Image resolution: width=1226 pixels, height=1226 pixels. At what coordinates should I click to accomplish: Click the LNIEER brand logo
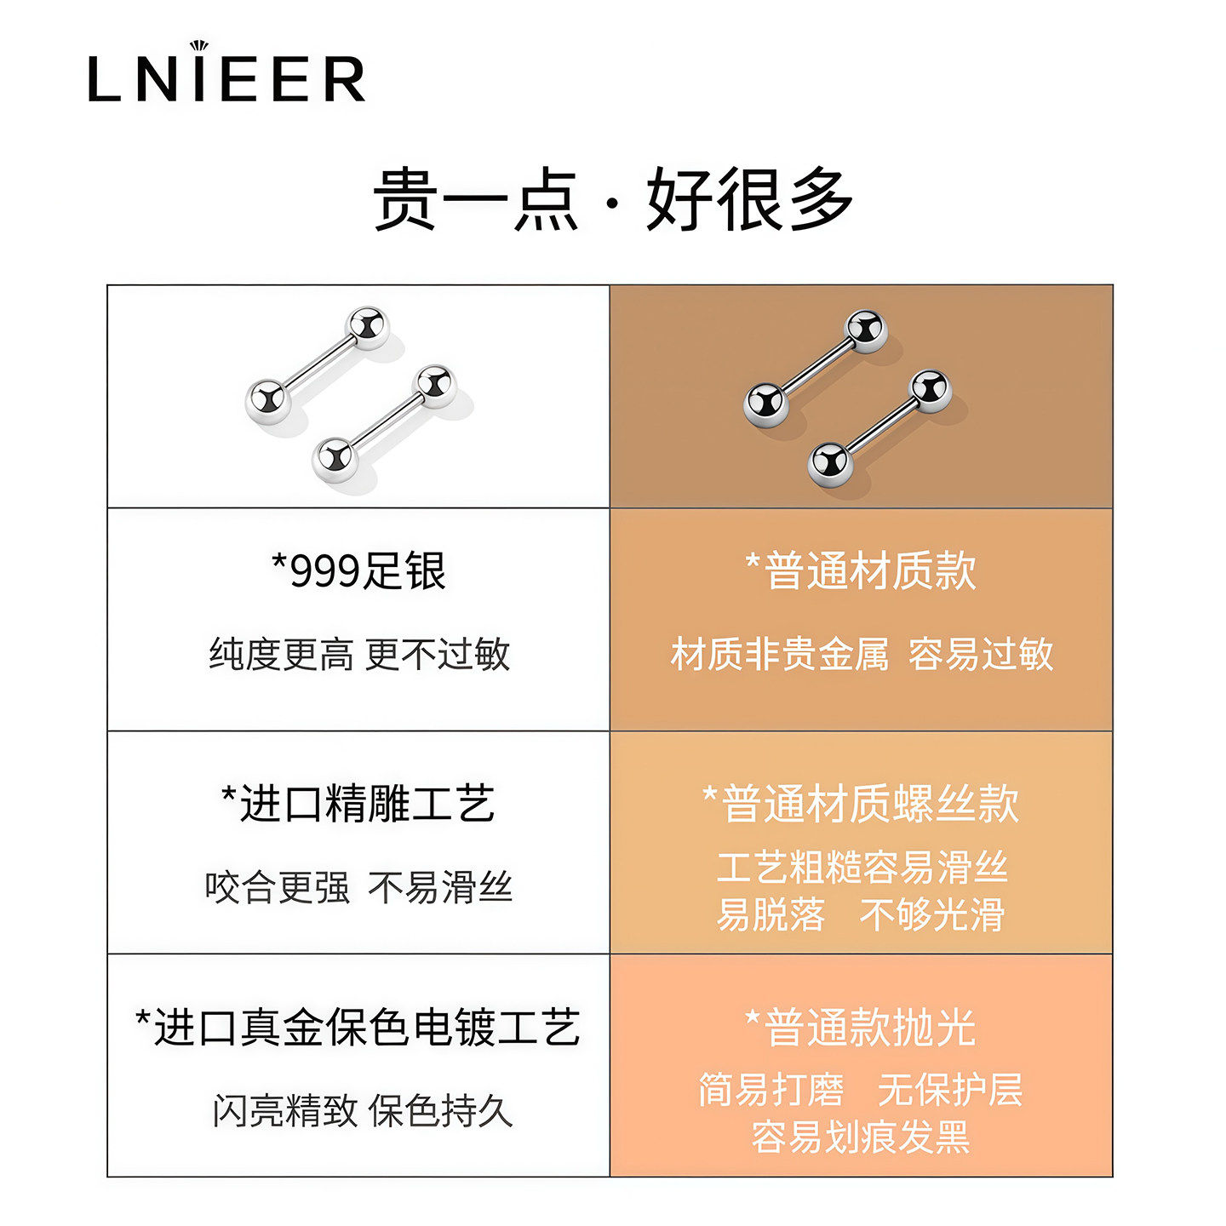pyautogui.click(x=226, y=75)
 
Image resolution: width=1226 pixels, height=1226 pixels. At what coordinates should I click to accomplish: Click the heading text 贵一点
pyautogui.click(x=475, y=199)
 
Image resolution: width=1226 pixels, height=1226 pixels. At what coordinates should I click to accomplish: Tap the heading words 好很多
pyautogui.click(x=749, y=199)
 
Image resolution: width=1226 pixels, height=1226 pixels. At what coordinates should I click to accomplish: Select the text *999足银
pyautogui.click(x=358, y=570)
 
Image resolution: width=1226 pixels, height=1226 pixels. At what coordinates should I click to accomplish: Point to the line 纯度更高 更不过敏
pyautogui.click(x=358, y=654)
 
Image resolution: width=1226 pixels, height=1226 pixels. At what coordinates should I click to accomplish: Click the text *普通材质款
pyautogui.click(x=861, y=570)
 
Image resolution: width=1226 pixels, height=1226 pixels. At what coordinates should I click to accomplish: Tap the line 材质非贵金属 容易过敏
pyautogui.click(x=861, y=654)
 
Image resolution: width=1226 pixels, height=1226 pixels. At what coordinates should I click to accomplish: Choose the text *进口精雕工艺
pyautogui.click(x=358, y=803)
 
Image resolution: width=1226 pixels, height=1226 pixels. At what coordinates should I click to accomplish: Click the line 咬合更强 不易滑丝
pyautogui.click(x=358, y=887)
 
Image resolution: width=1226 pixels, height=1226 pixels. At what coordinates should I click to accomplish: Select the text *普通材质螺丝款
pyautogui.click(x=861, y=803)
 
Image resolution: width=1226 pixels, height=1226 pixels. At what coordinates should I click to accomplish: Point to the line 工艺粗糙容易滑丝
pyautogui.click(x=861, y=868)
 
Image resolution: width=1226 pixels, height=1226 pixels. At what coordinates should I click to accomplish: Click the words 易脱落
pyautogui.click(x=771, y=915)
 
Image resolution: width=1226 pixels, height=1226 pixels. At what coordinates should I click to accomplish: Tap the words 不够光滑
pyautogui.click(x=932, y=915)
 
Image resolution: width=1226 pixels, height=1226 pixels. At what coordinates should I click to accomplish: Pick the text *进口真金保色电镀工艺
pyautogui.click(x=358, y=1027)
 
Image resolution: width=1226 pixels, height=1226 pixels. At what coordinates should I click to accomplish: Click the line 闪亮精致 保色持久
pyautogui.click(x=362, y=1110)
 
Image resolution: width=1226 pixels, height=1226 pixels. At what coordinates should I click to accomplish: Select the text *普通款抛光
pyautogui.click(x=861, y=1027)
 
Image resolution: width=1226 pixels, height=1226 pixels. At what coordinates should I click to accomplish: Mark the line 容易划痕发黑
pyautogui.click(x=861, y=1137)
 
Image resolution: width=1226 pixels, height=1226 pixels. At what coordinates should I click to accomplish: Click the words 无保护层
pyautogui.click(x=950, y=1089)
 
